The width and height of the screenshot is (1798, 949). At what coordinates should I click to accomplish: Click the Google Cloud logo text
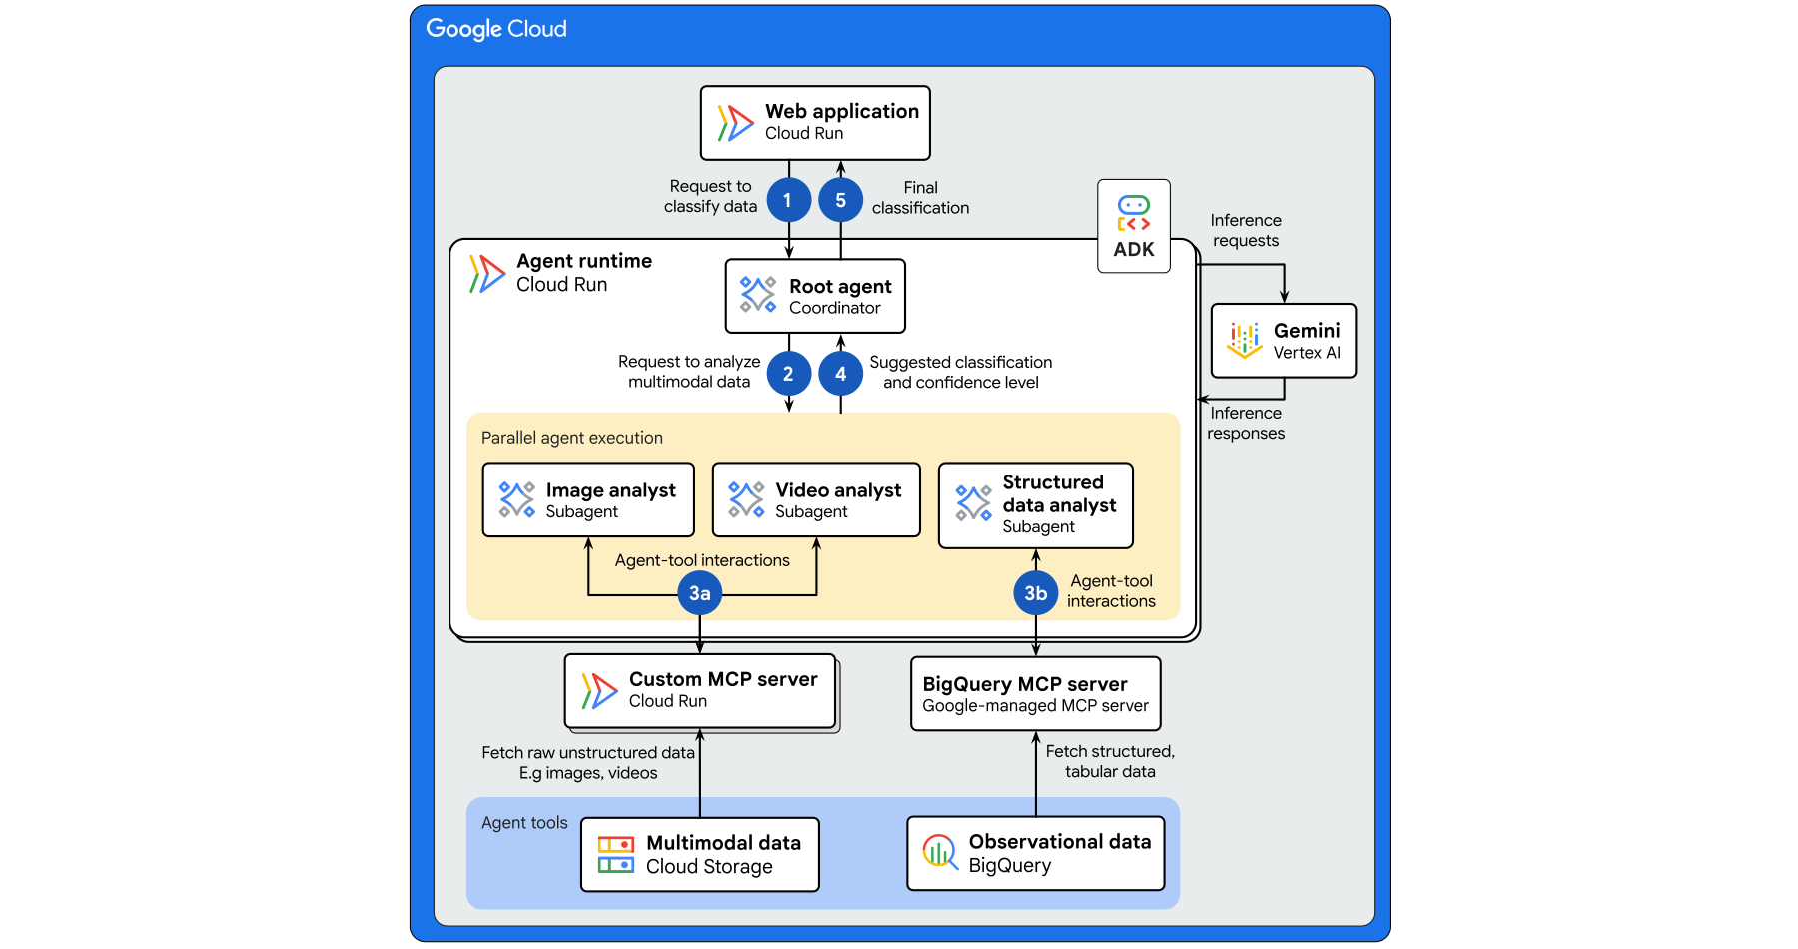coord(496,29)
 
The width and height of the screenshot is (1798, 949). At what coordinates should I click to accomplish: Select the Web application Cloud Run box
coord(815,123)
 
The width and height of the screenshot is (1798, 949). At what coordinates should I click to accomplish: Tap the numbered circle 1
coord(788,201)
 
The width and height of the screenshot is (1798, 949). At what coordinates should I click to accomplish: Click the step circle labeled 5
coord(841,201)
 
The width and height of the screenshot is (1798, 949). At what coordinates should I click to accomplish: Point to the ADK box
coord(1134,226)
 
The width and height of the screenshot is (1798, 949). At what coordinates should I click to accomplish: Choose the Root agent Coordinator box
coord(815,296)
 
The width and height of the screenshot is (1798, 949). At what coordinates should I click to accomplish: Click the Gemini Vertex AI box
coord(1284,341)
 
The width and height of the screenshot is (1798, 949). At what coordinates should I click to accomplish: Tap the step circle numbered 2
coord(788,374)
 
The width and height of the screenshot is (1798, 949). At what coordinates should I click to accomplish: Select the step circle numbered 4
coord(841,374)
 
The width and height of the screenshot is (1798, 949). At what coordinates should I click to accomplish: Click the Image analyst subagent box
coord(588,499)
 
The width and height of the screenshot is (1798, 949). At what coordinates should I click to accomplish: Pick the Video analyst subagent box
coord(816,499)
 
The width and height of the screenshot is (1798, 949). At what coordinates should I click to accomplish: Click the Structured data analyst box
coord(1036,504)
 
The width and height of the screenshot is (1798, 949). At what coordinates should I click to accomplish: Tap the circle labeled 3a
coord(700,593)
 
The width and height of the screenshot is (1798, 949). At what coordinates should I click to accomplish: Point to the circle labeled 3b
coord(1036,593)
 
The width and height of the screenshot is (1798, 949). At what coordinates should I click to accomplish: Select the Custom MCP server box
coord(700,690)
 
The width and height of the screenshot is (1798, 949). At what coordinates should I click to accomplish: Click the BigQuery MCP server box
coord(1036,693)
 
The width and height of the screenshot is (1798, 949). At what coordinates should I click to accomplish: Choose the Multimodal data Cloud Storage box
coord(700,854)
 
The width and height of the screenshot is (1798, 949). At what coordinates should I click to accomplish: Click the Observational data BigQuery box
coord(1036,853)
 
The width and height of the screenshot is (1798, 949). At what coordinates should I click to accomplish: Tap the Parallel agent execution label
coord(572,438)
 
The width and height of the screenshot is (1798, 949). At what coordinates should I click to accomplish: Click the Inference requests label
coord(1246,230)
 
